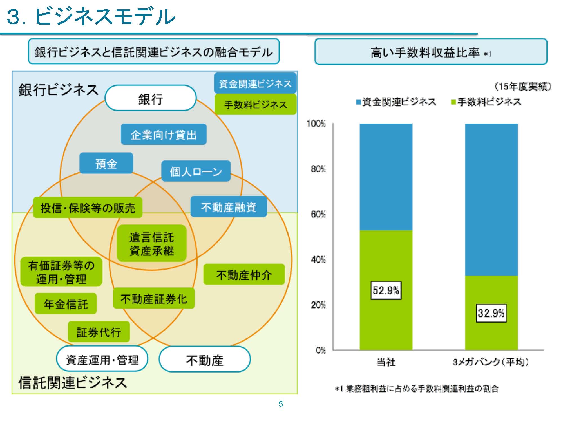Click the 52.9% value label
point(386,290)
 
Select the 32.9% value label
point(491,313)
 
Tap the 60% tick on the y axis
point(318,215)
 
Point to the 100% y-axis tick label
point(316,124)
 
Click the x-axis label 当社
point(386,362)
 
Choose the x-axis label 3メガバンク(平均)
point(491,362)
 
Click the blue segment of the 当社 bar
point(386,177)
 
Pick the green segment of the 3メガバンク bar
point(491,313)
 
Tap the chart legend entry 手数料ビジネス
point(486,102)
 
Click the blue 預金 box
point(106,163)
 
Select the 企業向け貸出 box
point(164,134)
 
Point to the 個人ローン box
point(196,171)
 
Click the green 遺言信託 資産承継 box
point(152,243)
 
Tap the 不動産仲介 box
point(244,274)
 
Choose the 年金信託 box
point(66,304)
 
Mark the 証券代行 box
point(99,332)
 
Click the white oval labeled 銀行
point(151,98)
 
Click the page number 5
point(281,404)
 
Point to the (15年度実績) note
point(523,87)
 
